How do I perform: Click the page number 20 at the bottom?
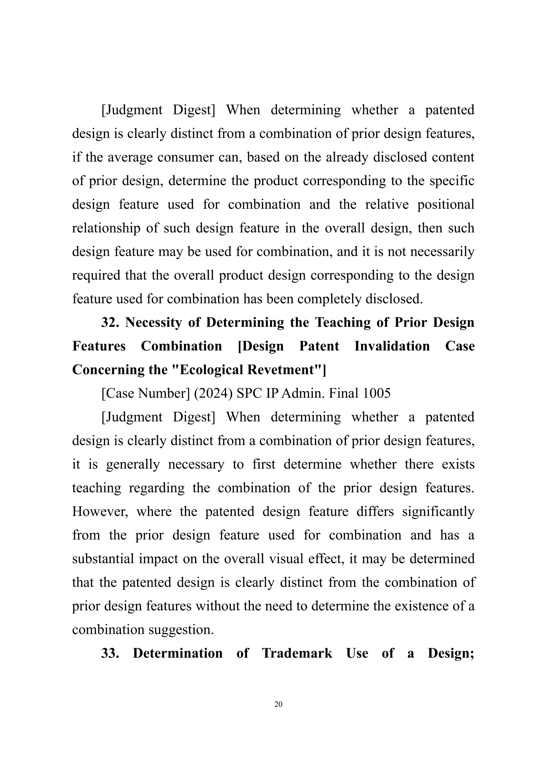[278, 704]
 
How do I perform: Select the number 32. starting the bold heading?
[110, 323]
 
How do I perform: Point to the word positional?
[446, 204]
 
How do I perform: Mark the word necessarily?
[442, 252]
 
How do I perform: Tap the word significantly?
[438, 511]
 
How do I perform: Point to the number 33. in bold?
[110, 653]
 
